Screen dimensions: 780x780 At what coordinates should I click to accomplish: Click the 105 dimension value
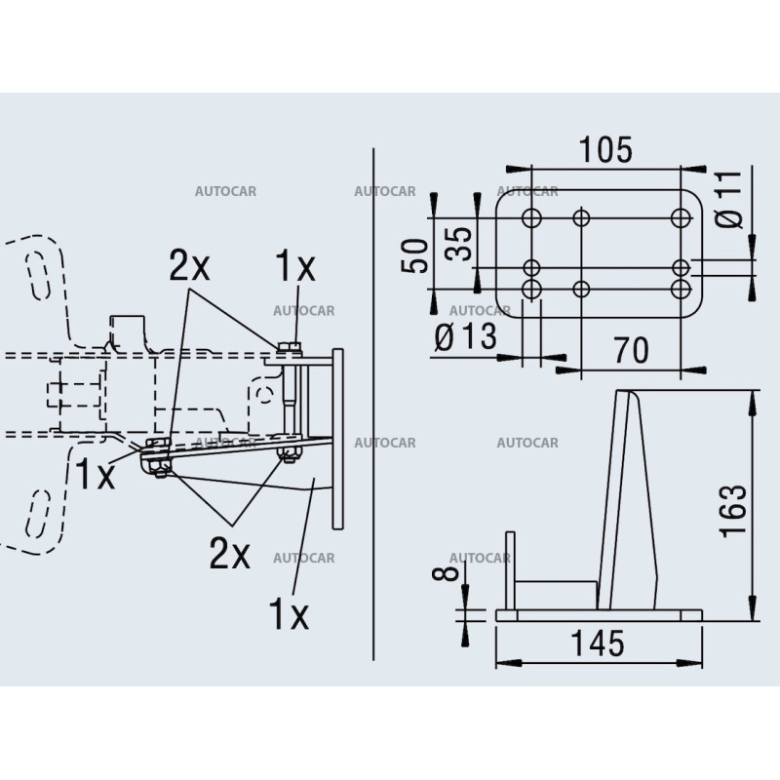click(605, 150)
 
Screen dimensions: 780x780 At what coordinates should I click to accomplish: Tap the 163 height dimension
click(734, 510)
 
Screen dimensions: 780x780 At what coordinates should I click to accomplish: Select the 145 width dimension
click(597, 643)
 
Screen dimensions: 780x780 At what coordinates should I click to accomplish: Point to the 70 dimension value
click(631, 350)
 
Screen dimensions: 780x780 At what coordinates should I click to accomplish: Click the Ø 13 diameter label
click(466, 336)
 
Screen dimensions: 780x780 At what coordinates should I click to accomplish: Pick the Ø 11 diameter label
click(729, 199)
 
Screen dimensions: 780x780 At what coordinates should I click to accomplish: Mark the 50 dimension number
click(414, 255)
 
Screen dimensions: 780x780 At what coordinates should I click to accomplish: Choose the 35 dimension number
click(458, 244)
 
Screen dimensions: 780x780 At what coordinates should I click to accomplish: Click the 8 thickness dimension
click(446, 573)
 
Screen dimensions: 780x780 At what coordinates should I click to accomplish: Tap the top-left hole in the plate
click(531, 217)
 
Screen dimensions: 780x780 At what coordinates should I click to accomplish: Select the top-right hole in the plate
click(681, 217)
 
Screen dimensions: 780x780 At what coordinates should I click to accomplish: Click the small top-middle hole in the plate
click(581, 217)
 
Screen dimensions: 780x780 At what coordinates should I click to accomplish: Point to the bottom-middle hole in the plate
click(581, 289)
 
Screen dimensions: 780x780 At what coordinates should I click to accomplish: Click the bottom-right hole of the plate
click(681, 289)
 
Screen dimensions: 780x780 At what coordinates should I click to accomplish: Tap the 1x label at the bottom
click(289, 614)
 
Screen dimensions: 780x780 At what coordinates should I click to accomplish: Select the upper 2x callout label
click(189, 265)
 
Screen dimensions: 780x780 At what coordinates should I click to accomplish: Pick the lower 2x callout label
click(229, 554)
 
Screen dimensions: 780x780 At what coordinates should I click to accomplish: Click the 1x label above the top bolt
click(295, 265)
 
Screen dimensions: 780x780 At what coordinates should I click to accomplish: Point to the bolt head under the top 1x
click(290, 347)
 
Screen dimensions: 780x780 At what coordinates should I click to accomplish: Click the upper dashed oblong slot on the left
click(38, 275)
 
